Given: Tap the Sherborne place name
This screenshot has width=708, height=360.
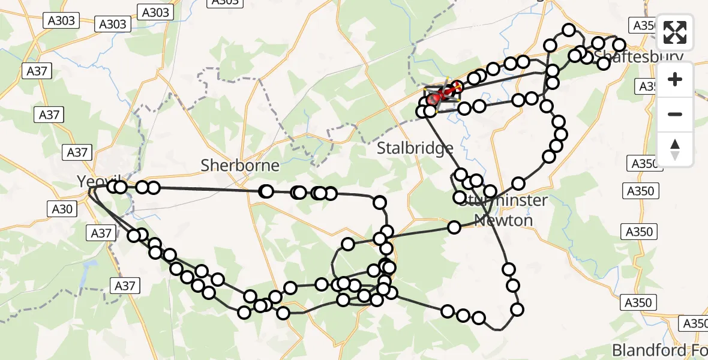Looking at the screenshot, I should coord(240,165).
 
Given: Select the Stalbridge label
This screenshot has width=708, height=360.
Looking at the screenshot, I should coord(415,148).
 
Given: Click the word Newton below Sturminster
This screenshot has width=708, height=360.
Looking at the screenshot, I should coord(503,220).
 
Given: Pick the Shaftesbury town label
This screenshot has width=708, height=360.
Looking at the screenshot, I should coord(639,57).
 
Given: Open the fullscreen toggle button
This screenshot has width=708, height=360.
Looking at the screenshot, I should coord(675,32).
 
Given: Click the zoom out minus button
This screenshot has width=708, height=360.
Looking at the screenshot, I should coord(675,114).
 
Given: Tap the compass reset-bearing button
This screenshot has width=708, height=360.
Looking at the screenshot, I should coord(675,149).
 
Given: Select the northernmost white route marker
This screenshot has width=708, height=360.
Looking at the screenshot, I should coord(569,30).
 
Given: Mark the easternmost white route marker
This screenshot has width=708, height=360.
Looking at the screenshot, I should coord(619,44).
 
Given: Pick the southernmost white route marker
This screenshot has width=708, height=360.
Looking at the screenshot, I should coord(479,318).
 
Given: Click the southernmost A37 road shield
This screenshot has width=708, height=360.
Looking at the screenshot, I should coord(125,286).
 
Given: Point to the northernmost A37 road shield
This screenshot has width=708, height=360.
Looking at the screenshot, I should coord(37,71).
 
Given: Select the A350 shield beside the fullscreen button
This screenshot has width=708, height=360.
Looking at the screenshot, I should coord(643,25).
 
